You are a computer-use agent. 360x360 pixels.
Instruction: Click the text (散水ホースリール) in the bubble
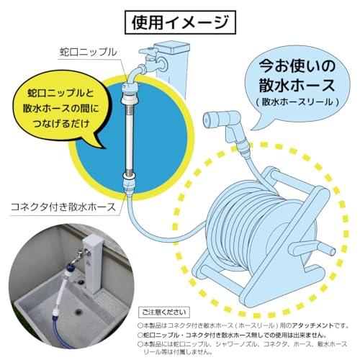click(x=296, y=102)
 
